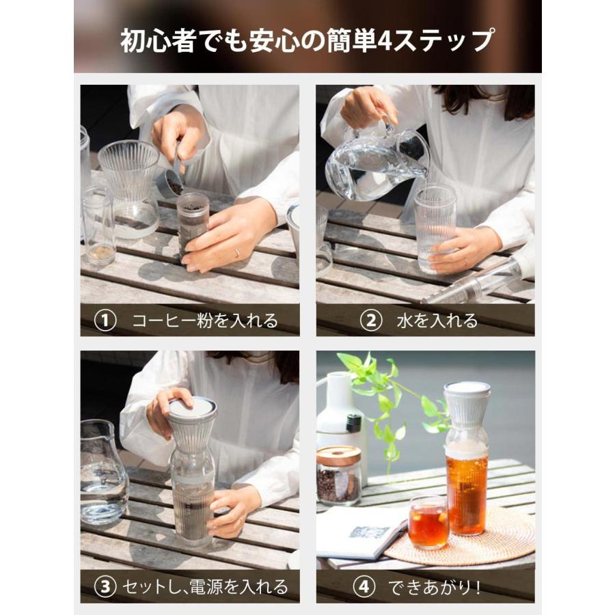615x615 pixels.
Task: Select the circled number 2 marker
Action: (x=370, y=320)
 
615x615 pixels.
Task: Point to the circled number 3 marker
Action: (x=105, y=586)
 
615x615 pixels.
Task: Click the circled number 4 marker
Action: (x=364, y=586)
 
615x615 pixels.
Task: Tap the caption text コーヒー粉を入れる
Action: (x=205, y=320)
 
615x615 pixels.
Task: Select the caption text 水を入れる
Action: (x=437, y=320)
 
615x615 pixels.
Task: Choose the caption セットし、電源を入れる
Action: (x=204, y=586)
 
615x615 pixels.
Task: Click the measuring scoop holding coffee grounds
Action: (x=172, y=183)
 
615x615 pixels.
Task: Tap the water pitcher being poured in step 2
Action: (x=372, y=161)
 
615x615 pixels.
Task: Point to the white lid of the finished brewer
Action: (x=467, y=389)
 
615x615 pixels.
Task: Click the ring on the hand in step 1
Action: (x=236, y=253)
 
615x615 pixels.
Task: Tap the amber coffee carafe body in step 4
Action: (x=468, y=492)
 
